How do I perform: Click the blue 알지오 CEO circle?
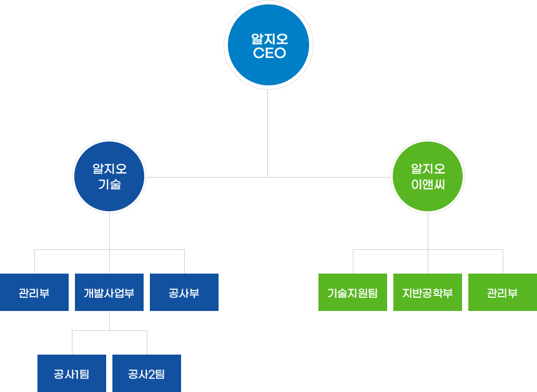(268, 45)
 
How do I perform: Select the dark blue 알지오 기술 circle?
(109, 176)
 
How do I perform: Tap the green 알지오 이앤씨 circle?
(428, 176)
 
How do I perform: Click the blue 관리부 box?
(34, 292)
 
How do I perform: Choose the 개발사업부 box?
(109, 292)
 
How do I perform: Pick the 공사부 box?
(184, 292)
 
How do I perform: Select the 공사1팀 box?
(72, 373)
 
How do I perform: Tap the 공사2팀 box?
(147, 373)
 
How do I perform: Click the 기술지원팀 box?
(353, 292)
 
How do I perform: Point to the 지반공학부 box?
(428, 292)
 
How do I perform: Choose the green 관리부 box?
(503, 292)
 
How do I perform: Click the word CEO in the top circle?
(269, 54)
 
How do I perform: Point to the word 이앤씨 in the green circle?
(428, 184)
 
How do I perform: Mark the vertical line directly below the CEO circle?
(268, 131)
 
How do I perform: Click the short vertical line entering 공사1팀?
(72, 342)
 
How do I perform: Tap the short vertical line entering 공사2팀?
(147, 342)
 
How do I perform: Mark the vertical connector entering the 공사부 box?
(184, 261)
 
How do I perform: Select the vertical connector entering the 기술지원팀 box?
(353, 261)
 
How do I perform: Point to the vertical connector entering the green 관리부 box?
(503, 261)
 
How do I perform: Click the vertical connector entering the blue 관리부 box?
(34, 261)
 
